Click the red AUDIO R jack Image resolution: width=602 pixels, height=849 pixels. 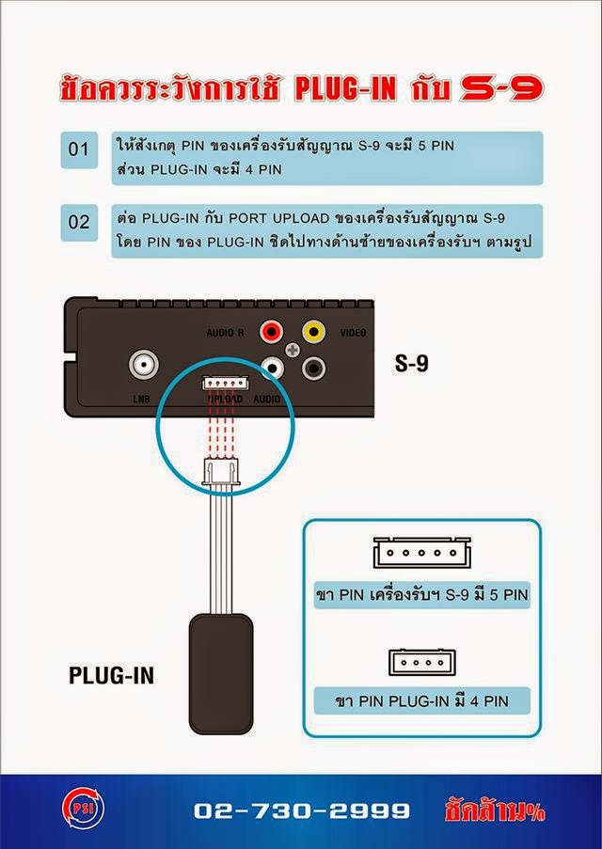pos(274,331)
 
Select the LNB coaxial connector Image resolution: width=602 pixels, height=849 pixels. pos(144,363)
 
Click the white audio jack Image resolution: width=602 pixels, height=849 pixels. pos(274,368)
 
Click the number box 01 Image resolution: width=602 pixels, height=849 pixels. pos(79,149)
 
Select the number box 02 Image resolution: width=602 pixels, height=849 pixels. pos(79,223)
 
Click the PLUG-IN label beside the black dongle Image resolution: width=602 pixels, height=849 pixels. pos(111,675)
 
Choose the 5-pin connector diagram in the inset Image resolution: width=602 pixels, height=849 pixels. pos(420,554)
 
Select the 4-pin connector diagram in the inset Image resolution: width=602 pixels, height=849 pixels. pos(420,661)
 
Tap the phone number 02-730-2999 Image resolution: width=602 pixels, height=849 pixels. pos(302,810)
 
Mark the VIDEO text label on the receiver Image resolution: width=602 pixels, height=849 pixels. pos(354,333)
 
